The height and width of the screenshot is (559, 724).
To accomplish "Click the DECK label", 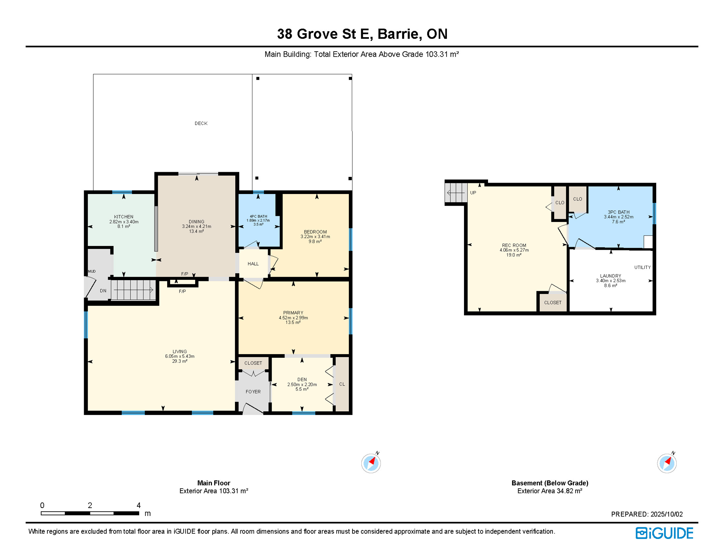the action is click(201, 123).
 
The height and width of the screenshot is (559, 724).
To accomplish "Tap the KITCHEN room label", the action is click(124, 217).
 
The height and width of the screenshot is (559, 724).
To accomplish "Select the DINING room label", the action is click(197, 222).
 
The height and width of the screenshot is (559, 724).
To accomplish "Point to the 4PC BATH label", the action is click(258, 217).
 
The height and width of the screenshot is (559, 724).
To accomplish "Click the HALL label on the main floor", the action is click(253, 264).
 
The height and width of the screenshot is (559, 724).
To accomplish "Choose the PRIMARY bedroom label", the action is click(293, 313).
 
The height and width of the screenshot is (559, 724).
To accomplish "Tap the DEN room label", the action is click(302, 380).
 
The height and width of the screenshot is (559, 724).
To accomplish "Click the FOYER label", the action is click(253, 392).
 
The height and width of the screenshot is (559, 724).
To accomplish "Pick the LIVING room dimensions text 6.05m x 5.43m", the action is click(180, 356).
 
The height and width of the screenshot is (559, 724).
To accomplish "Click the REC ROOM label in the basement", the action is click(514, 245).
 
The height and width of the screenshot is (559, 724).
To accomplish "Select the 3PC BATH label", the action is click(618, 212).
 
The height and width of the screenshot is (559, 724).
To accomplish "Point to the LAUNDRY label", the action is click(611, 276).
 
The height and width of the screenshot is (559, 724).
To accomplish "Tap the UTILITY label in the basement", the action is click(642, 267).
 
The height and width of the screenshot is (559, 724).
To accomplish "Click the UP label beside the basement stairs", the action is click(473, 193).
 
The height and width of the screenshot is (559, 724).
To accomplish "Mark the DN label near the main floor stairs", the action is click(103, 291).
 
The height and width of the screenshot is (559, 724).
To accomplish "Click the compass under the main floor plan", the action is click(371, 463).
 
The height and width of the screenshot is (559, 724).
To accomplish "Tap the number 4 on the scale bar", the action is click(138, 505).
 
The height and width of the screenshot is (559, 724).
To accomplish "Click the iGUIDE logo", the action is click(664, 533).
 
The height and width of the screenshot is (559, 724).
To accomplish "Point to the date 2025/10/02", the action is click(666, 514).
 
